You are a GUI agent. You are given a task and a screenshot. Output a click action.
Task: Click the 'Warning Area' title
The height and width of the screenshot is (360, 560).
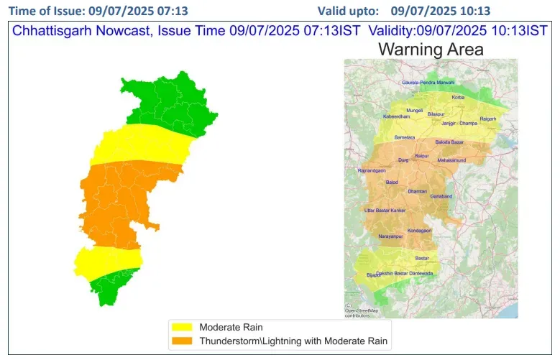(x=431, y=50)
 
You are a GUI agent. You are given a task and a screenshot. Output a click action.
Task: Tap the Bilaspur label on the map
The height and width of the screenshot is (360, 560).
(x=436, y=114)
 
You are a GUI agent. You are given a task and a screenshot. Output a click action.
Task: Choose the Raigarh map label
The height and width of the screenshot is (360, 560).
(x=488, y=119)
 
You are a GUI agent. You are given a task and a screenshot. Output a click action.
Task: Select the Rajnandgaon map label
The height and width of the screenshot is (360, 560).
(x=372, y=171)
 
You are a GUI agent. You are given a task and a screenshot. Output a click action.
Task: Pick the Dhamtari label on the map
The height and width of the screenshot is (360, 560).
(x=417, y=192)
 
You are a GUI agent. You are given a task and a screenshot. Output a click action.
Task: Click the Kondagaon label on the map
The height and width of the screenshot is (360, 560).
(x=419, y=230)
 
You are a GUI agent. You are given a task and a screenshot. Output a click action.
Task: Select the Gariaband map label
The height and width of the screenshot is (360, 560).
(x=441, y=196)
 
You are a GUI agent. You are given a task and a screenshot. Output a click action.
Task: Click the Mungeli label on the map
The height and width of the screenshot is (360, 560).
(x=415, y=110)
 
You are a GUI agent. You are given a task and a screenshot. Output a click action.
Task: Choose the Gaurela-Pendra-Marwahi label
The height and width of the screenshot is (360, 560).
(x=428, y=83)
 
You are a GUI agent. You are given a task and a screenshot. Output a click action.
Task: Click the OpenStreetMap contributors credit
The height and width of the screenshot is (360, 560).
(x=361, y=312)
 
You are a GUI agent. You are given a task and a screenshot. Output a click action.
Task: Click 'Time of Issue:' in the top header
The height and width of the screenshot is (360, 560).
(x=47, y=11)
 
